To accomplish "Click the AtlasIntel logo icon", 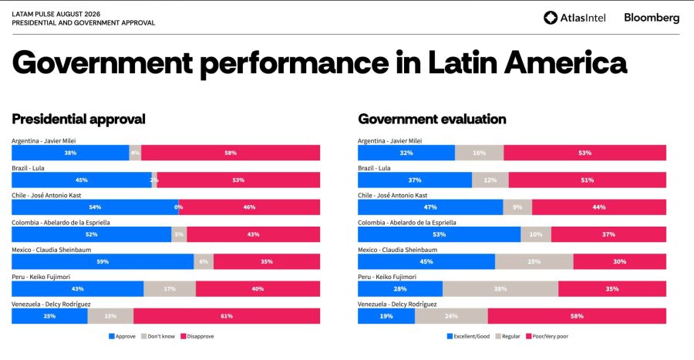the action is click(550, 18).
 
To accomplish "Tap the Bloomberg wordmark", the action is click(652, 18).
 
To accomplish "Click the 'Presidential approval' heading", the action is click(79, 119).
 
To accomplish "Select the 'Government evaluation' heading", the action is click(432, 119).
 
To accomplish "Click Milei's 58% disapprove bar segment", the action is click(231, 153).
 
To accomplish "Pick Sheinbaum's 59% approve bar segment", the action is click(103, 261).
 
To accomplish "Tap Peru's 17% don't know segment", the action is click(170, 289).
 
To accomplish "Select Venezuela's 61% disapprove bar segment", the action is click(227, 316).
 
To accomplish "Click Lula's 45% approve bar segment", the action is click(82, 180).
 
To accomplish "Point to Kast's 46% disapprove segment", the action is click(249, 207).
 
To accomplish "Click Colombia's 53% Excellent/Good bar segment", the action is click(439, 234).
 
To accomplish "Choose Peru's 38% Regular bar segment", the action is click(500, 289).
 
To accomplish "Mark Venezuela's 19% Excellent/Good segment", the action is click(386, 316).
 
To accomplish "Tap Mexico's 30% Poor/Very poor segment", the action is click(620, 261).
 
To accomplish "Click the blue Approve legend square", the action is click(112, 336).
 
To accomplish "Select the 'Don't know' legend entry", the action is click(158, 336).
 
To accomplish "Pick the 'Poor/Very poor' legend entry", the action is click(547, 336).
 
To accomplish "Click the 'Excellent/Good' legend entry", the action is click(468, 336).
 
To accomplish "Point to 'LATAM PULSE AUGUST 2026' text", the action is click(56, 14).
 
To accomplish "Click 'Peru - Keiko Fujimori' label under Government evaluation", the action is click(387, 277).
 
